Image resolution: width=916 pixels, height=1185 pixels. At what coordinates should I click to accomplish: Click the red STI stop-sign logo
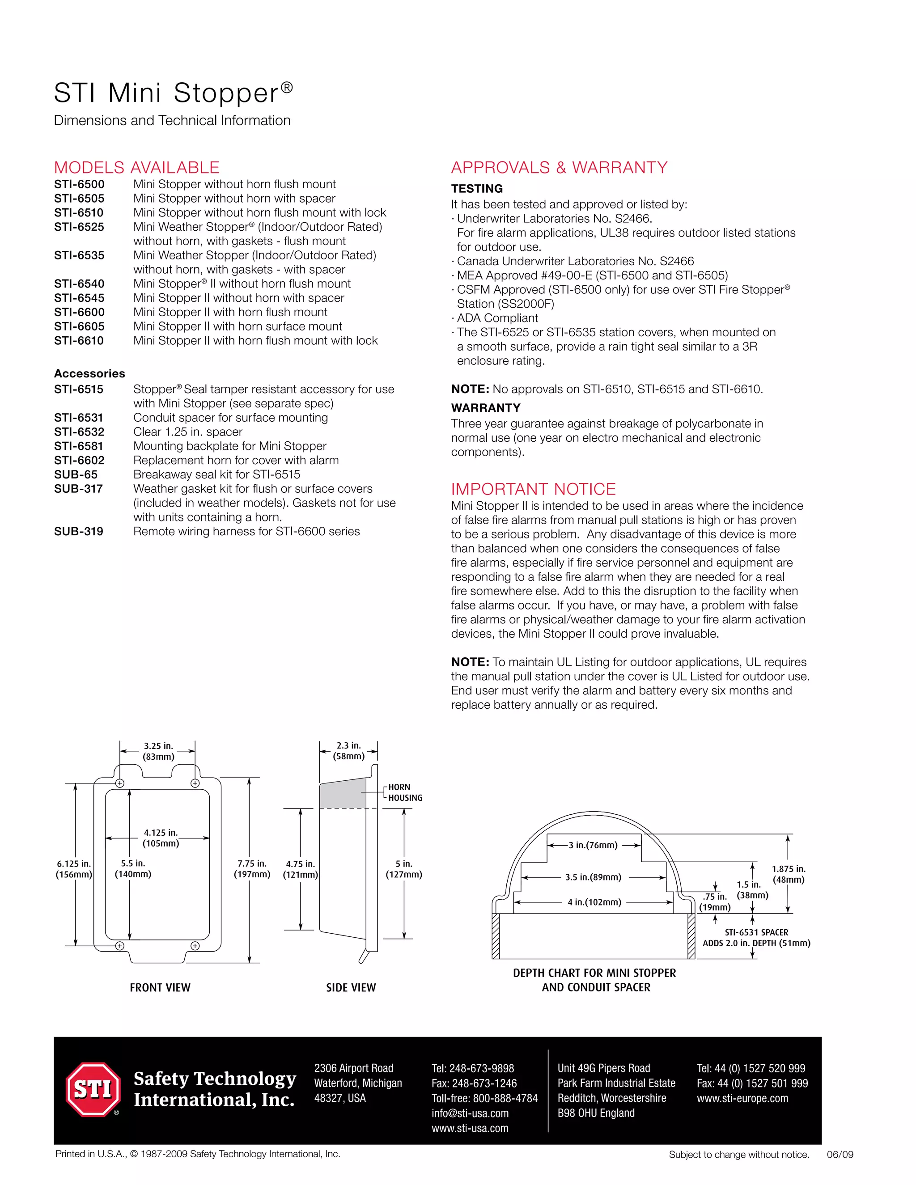[93, 1089]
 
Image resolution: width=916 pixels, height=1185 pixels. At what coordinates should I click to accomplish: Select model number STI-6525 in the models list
[79, 227]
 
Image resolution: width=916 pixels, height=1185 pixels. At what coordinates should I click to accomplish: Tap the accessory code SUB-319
[79, 531]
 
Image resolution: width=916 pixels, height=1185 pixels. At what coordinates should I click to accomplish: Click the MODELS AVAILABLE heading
[137, 167]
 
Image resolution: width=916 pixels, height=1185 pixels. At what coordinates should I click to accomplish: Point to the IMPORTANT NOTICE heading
[534, 489]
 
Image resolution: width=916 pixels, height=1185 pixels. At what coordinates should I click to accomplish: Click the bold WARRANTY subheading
[486, 407]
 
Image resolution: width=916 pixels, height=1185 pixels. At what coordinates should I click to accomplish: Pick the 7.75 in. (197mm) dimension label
[252, 869]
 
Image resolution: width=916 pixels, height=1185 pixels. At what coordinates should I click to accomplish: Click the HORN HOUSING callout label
[405, 792]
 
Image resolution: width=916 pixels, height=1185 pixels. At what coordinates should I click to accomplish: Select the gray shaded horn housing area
[342, 794]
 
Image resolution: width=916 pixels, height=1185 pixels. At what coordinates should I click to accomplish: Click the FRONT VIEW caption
[160, 987]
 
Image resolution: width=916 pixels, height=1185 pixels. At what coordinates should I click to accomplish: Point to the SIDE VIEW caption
[351, 987]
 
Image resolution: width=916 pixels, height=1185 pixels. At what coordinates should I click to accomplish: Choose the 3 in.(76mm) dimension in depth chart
[593, 845]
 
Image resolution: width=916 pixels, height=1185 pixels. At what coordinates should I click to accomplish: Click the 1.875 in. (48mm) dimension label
[789, 874]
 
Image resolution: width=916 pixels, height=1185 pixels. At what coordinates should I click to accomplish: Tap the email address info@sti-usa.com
[470, 1113]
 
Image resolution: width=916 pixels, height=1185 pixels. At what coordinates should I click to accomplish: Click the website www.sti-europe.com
[742, 1098]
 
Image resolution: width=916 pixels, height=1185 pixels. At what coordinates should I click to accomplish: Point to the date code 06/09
[840, 1155]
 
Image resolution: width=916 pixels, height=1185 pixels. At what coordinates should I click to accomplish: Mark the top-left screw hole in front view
[120, 783]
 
